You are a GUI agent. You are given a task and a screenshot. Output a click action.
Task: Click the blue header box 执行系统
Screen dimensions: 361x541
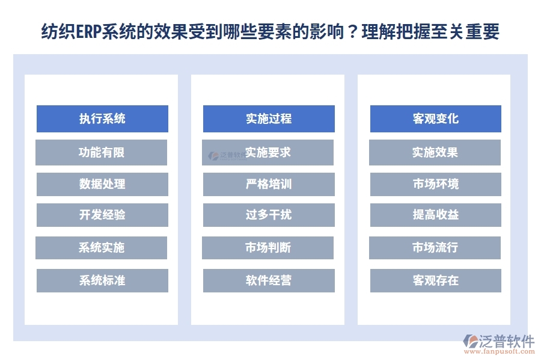pyautogui.click(x=102, y=119)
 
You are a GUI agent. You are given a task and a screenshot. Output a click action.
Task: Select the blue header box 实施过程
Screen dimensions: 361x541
pyautogui.click(x=269, y=119)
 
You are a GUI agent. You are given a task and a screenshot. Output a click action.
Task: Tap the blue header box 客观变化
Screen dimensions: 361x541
pyautogui.click(x=435, y=119)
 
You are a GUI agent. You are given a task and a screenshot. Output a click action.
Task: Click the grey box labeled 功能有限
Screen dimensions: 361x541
pyautogui.click(x=102, y=152)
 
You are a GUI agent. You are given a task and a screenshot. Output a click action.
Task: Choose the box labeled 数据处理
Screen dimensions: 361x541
pyautogui.click(x=102, y=184)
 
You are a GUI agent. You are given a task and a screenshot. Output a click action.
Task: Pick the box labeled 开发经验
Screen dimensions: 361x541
pyautogui.click(x=102, y=215)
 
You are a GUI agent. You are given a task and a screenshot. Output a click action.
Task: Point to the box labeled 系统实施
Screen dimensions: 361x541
pyautogui.click(x=102, y=247)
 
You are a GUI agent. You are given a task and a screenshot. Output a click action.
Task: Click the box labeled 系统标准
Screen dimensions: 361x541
pyautogui.click(x=102, y=280)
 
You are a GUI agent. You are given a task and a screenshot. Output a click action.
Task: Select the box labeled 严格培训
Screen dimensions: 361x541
pyautogui.click(x=269, y=184)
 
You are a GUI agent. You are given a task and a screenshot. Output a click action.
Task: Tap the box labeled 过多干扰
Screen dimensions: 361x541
pyautogui.click(x=269, y=215)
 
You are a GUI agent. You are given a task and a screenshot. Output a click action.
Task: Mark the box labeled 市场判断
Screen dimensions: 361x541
pyautogui.click(x=268, y=247)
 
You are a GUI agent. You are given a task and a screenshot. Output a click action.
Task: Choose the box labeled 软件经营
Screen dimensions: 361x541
pyautogui.click(x=269, y=280)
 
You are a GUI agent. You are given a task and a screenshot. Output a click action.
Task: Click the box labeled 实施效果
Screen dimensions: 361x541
pyautogui.click(x=435, y=152)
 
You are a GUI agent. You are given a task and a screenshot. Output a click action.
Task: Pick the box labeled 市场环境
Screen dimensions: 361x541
pyautogui.click(x=435, y=184)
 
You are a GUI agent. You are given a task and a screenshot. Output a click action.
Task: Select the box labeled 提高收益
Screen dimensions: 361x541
pyautogui.click(x=435, y=215)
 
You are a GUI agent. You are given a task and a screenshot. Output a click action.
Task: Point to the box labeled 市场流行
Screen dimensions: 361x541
pyautogui.click(x=435, y=247)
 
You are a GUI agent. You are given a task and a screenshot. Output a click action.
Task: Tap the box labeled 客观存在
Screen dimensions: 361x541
pyautogui.click(x=435, y=280)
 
